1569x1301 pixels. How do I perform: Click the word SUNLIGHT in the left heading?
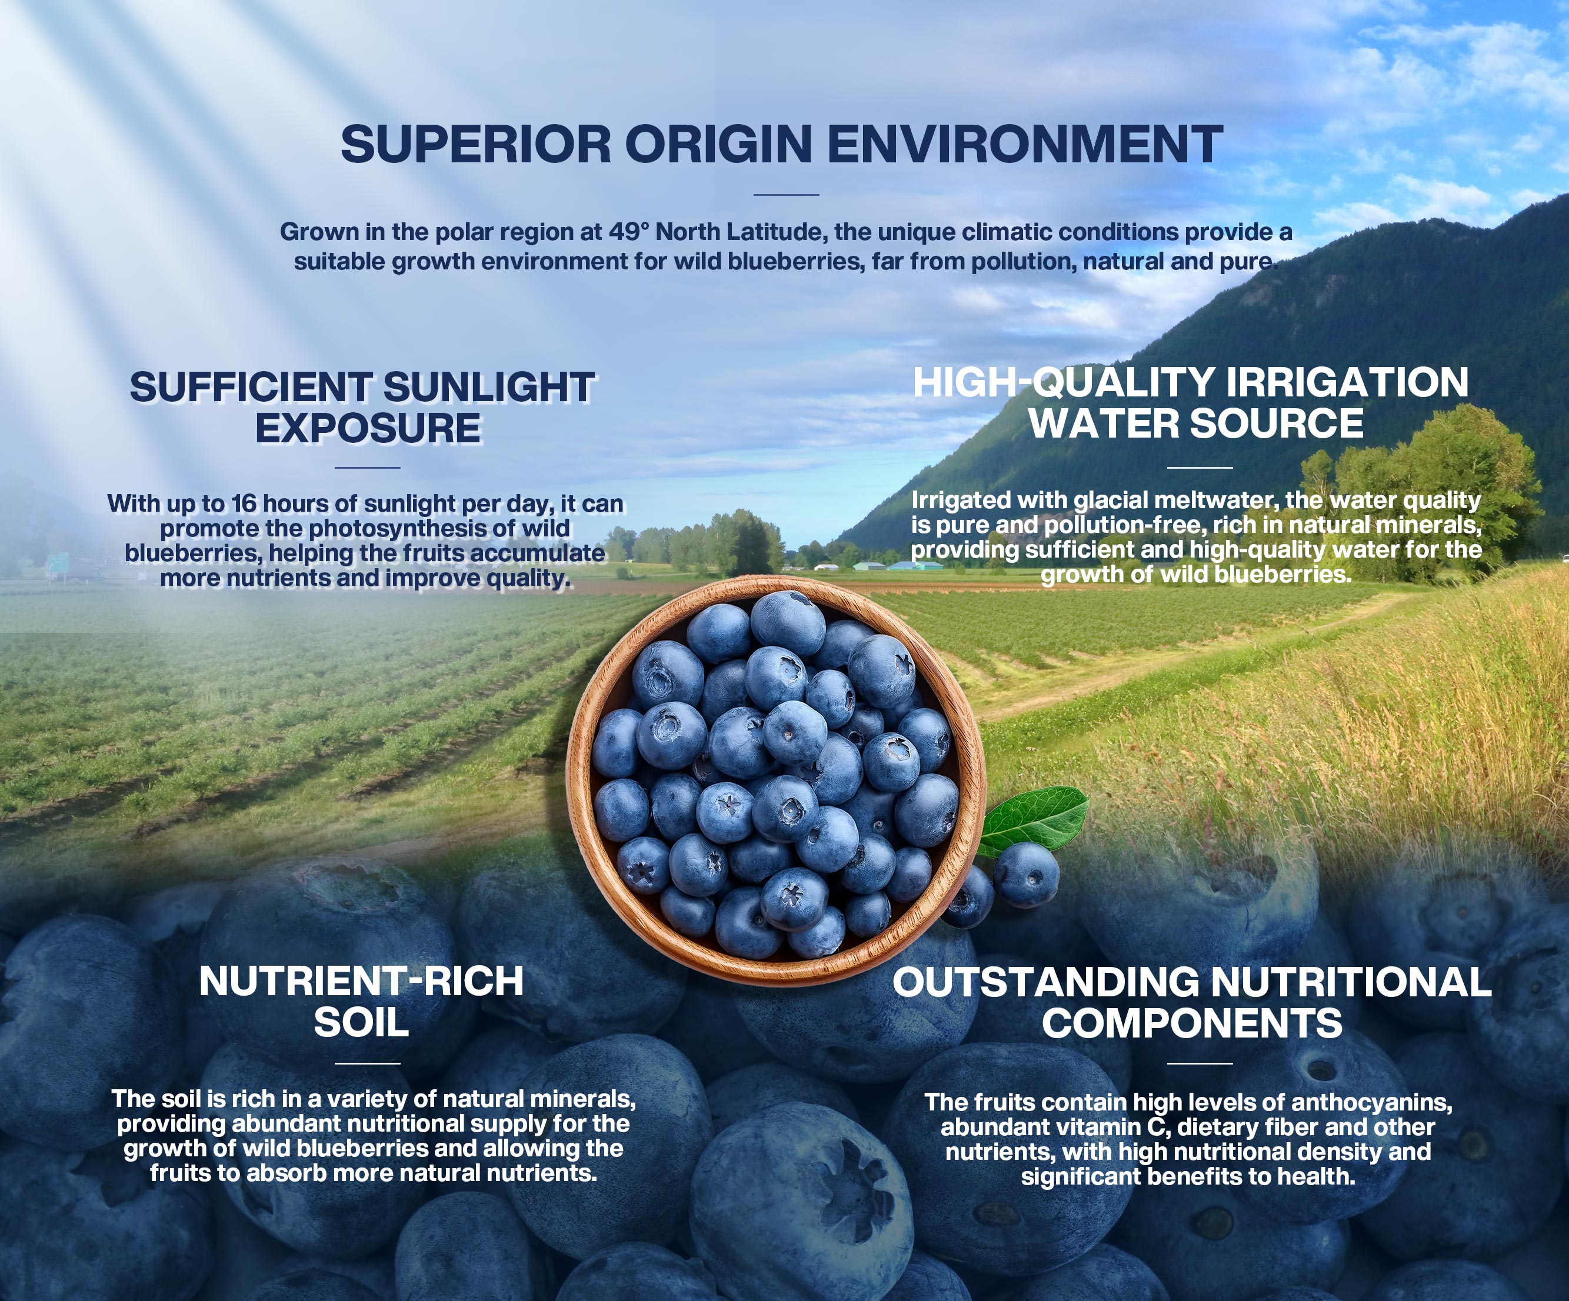(x=489, y=387)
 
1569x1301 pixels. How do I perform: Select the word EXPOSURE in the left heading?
(x=368, y=428)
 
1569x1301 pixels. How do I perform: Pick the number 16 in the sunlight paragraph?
(x=243, y=503)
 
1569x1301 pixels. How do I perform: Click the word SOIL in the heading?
(x=362, y=1022)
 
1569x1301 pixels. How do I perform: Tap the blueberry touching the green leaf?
(x=1026, y=875)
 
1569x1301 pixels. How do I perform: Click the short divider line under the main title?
(x=786, y=195)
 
